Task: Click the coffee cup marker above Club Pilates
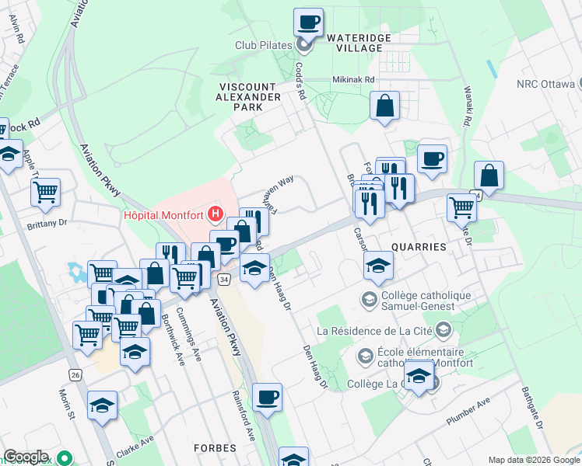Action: pos(308,22)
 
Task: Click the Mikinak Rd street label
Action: pos(353,79)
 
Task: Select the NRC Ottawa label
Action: pos(544,84)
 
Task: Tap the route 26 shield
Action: pos(75,374)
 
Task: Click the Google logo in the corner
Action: pos(26,457)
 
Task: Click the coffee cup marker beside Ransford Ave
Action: pos(267,398)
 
